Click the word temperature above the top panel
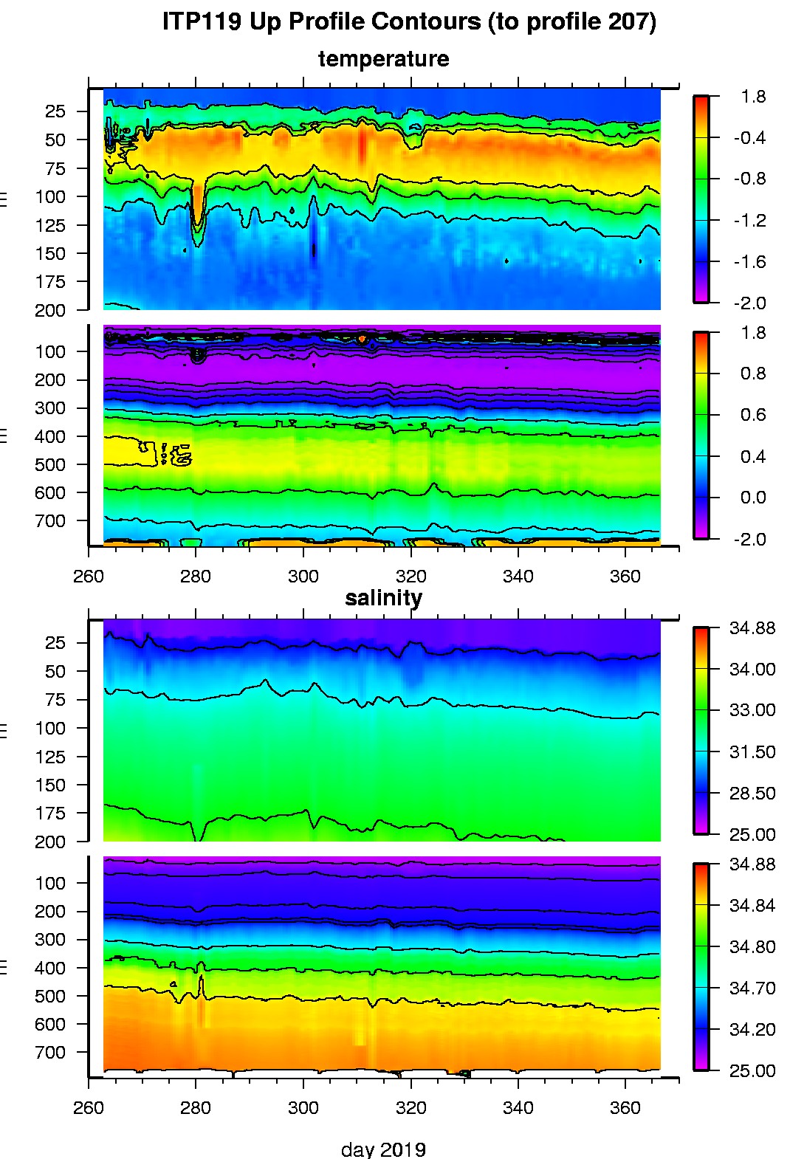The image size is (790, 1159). pos(383,59)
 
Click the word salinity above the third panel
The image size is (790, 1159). pos(383,597)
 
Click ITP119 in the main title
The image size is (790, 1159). pos(202,21)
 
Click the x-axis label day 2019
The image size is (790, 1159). pos(383,1149)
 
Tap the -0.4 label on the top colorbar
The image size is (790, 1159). pos(749,138)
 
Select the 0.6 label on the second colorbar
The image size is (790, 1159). pos(752,415)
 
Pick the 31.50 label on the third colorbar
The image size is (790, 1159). pos(752,752)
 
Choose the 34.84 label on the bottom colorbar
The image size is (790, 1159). pos(752,905)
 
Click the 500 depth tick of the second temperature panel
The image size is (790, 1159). pos(50,464)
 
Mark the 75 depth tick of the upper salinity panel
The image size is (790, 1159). pos(55,700)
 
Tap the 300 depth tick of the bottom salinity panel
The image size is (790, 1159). pos(50,940)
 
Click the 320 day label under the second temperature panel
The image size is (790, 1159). pos(411,577)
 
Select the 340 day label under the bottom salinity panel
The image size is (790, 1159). pos(518,1107)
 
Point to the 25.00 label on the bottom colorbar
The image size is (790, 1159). pos(752,1070)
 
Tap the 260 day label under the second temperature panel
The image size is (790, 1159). pos(89,577)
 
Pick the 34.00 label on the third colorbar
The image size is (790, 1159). pos(752,669)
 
